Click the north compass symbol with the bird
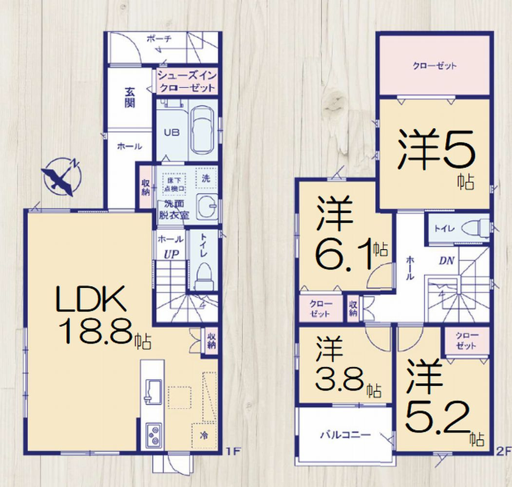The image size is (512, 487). pyautogui.click(x=61, y=178)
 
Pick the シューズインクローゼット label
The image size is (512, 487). pyautogui.click(x=187, y=82)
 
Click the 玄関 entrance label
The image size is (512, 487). pyautogui.click(x=130, y=97)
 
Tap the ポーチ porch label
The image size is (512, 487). pyautogui.click(x=159, y=39)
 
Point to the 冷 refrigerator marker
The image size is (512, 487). pyautogui.click(x=204, y=436)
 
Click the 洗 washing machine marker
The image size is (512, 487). pyautogui.click(x=206, y=178)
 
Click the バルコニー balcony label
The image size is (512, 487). pyautogui.click(x=345, y=435)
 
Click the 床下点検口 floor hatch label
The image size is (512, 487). pyautogui.click(x=174, y=184)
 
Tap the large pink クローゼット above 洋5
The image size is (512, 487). pyautogui.click(x=435, y=66)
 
